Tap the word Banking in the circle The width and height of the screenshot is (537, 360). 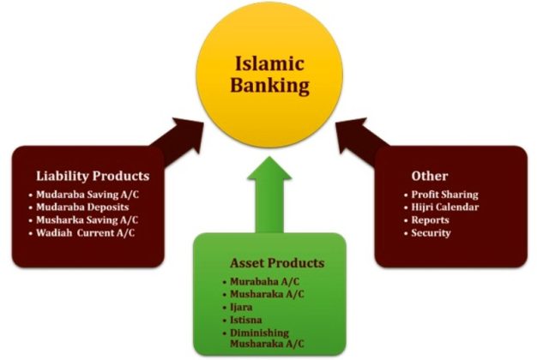tap(271, 85)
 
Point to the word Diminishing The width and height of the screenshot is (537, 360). tap(260, 332)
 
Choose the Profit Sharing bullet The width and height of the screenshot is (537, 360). tap(444, 195)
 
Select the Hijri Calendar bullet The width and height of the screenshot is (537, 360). tap(445, 207)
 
